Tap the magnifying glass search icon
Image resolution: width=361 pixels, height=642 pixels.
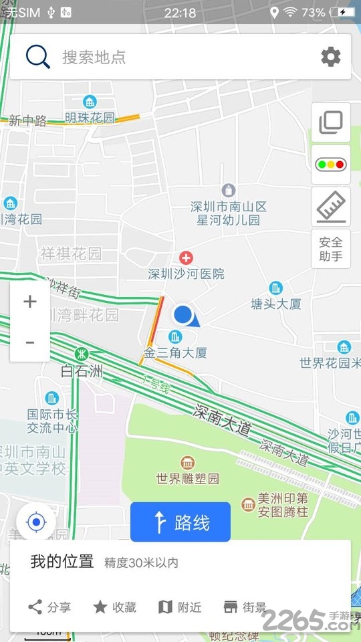point(38,56)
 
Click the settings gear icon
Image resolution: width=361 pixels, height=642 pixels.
point(330,57)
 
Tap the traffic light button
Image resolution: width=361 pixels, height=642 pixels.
point(330,164)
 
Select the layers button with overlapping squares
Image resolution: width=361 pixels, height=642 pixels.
point(330,122)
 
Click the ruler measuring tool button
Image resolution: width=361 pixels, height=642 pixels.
point(330,206)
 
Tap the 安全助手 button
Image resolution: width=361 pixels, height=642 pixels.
point(330,249)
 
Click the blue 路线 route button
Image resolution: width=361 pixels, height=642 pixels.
point(180,522)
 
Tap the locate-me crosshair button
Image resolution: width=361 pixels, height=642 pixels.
point(36,522)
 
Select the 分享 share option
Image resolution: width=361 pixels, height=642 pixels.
point(50,607)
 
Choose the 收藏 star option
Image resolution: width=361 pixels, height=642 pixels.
point(114,607)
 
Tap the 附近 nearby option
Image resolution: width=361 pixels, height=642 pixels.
point(179,607)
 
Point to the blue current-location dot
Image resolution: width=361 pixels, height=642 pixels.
point(183,314)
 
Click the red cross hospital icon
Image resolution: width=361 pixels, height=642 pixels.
point(186,257)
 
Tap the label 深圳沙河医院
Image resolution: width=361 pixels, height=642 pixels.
point(186,274)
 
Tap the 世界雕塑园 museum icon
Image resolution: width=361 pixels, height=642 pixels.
point(187,463)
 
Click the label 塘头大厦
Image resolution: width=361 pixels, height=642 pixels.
point(275,304)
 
